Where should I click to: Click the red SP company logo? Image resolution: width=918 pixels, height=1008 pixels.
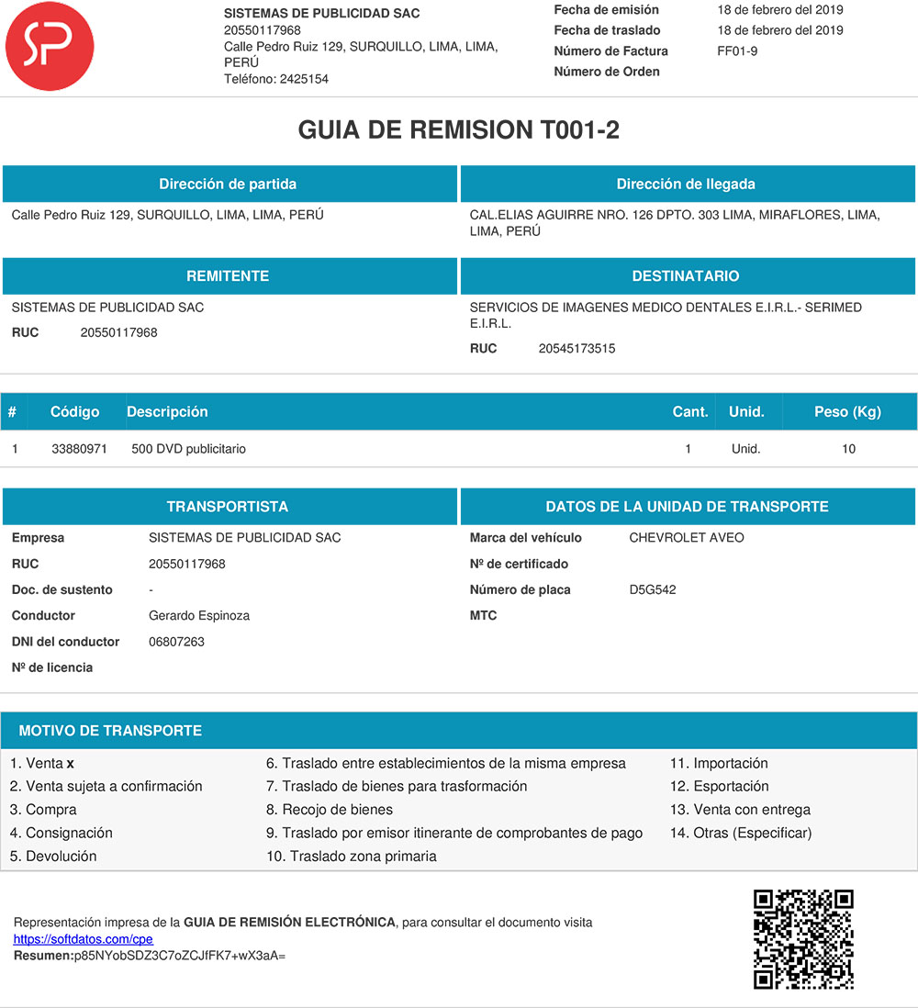tap(50, 46)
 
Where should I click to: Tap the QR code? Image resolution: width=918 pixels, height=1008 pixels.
tap(803, 939)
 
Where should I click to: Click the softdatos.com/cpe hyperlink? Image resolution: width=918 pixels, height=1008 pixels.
tap(83, 939)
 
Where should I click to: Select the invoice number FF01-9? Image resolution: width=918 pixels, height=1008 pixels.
tap(737, 51)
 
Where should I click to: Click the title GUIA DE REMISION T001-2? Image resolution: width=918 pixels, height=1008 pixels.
tap(458, 130)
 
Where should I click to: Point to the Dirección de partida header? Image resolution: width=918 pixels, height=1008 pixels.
tap(228, 185)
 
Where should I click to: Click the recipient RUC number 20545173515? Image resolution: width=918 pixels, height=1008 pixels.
tap(577, 349)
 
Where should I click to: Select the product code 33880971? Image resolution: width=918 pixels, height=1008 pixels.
tap(79, 449)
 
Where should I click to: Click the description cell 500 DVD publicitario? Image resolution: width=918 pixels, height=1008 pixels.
tap(188, 449)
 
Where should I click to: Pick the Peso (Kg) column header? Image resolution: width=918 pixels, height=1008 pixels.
tap(847, 412)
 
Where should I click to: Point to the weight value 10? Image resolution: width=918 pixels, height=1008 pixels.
tap(848, 449)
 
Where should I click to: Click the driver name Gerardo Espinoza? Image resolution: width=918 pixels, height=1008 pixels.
tap(199, 616)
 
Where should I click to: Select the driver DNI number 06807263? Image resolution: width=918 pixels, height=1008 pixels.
tap(176, 642)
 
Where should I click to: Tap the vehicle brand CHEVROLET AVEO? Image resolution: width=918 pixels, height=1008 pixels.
tap(687, 538)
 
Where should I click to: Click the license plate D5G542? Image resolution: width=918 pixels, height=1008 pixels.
tap(652, 590)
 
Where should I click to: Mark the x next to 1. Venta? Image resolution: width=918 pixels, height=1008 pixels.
tap(71, 764)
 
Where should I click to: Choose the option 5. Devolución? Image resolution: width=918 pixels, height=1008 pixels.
tap(53, 857)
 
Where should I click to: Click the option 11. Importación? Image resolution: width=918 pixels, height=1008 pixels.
tap(719, 764)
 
